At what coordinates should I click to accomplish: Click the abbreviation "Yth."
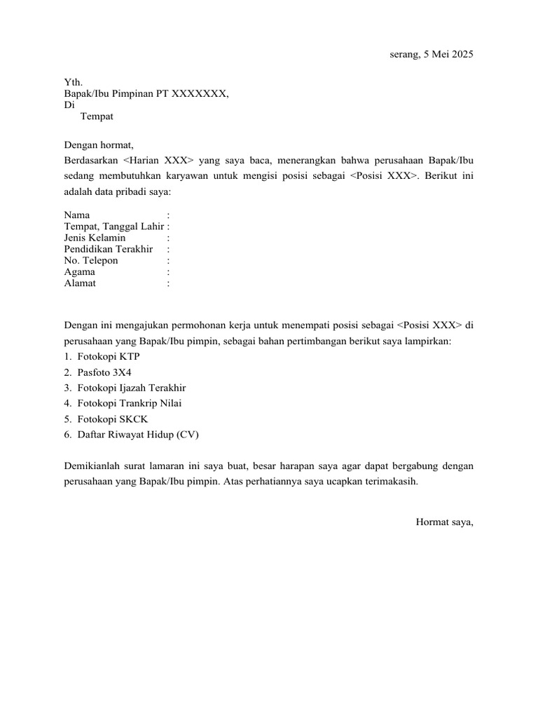pyautogui.click(x=73, y=82)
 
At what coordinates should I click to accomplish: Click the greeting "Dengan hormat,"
pyautogui.click(x=98, y=145)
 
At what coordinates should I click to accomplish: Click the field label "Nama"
pyautogui.click(x=77, y=215)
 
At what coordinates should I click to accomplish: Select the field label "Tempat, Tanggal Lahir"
pyautogui.click(x=114, y=226)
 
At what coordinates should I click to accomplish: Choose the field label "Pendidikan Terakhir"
pyautogui.click(x=108, y=249)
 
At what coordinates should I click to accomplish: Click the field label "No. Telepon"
pyautogui.click(x=91, y=260)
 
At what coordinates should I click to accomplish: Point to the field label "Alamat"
pyautogui.click(x=80, y=283)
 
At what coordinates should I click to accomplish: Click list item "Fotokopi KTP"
pyautogui.click(x=109, y=357)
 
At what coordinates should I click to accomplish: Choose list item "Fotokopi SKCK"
pyautogui.click(x=112, y=419)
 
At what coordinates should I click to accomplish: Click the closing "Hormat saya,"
pyautogui.click(x=445, y=521)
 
